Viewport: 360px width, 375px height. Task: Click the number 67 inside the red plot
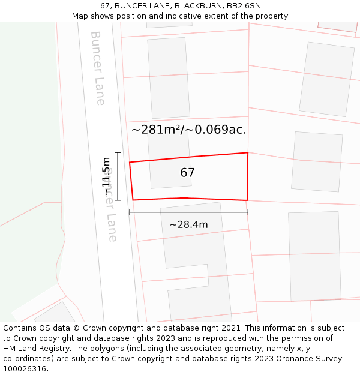(187, 173)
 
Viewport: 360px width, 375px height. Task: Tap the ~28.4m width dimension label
(188, 225)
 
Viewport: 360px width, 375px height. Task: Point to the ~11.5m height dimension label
(106, 176)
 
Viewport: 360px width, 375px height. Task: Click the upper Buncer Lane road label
(97, 68)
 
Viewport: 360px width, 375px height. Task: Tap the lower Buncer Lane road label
(111, 204)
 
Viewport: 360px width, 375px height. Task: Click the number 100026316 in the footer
(25, 369)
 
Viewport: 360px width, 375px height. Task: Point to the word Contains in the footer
(20, 328)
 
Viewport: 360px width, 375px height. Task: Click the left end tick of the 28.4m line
(130, 212)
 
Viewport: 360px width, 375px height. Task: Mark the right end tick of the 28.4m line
(248, 212)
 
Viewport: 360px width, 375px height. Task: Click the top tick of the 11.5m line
(118, 153)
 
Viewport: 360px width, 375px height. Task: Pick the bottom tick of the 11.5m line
(118, 200)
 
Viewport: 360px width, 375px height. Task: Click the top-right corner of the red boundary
(248, 153)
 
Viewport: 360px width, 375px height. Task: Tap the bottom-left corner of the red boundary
(133, 200)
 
